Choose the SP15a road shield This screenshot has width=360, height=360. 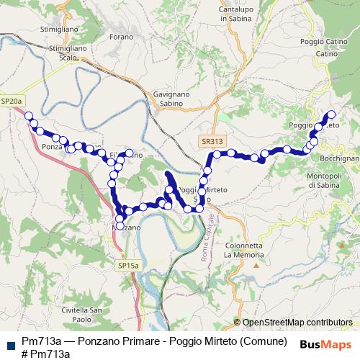(x=128, y=266)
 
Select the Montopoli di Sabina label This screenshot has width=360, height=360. (x=328, y=180)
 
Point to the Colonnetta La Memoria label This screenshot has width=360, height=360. (x=246, y=249)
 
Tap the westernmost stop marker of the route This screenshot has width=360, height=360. (x=29, y=115)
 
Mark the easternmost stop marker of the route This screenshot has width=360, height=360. (x=332, y=114)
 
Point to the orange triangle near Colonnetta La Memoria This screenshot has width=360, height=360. (x=256, y=265)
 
